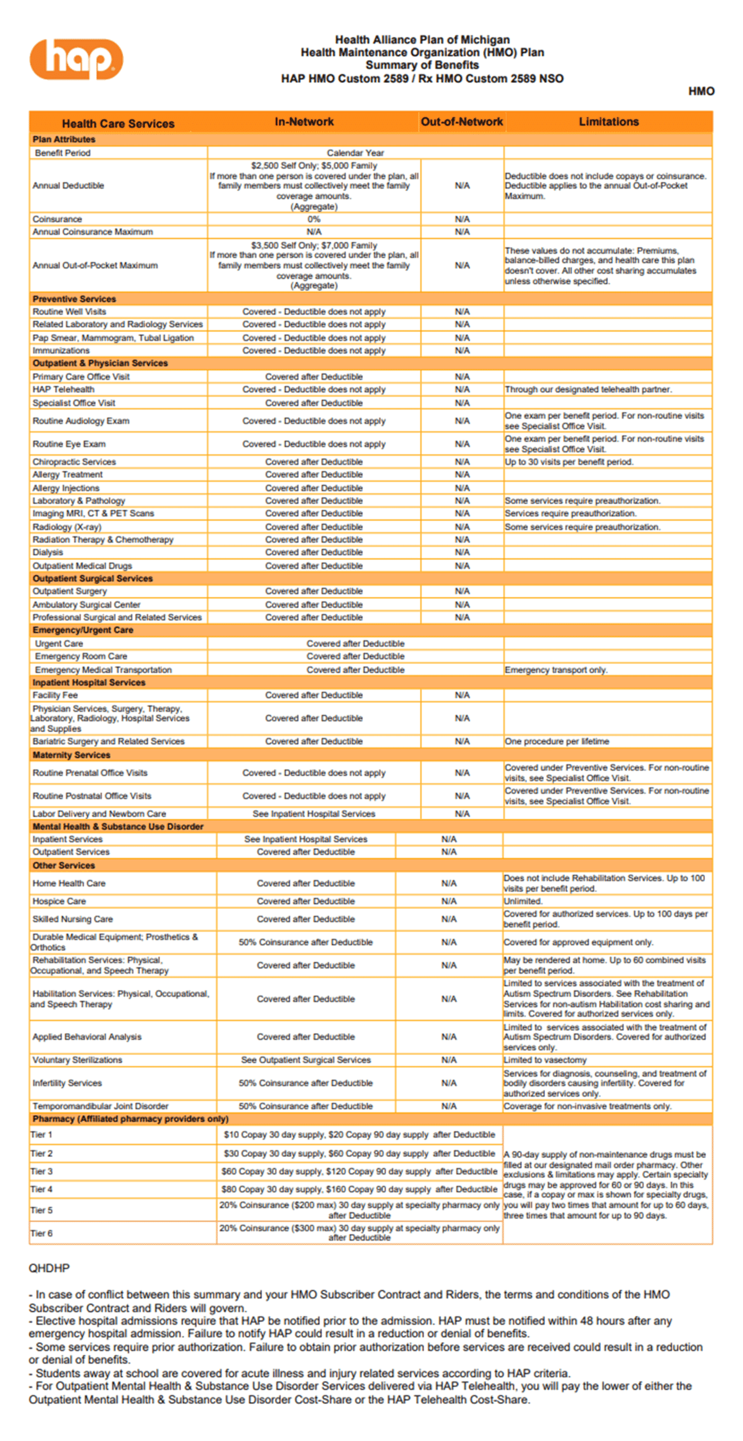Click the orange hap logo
(x=76, y=59)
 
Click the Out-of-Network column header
(x=461, y=122)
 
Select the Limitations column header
(x=608, y=122)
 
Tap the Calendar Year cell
(x=355, y=153)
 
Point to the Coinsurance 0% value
(x=314, y=219)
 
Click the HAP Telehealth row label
(x=64, y=390)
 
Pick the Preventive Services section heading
(x=74, y=299)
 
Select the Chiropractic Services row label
(x=74, y=462)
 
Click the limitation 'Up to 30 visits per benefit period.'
(x=569, y=462)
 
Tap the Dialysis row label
(x=48, y=552)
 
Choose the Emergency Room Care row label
(x=81, y=656)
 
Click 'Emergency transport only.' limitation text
(x=555, y=670)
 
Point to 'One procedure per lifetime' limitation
(x=557, y=741)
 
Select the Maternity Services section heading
(x=72, y=755)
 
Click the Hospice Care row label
(x=59, y=901)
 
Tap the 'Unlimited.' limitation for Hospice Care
(x=523, y=901)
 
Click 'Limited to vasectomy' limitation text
(x=545, y=1060)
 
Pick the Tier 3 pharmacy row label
(x=42, y=1171)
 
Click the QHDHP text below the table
(x=50, y=1268)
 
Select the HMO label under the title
(x=701, y=91)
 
